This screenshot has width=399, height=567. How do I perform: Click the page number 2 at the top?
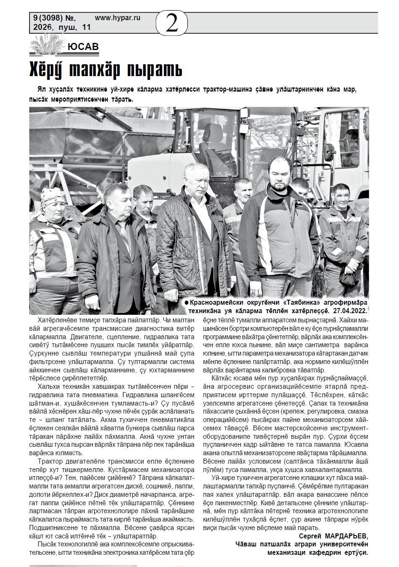pos(172,24)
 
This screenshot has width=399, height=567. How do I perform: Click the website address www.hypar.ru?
pos(118,18)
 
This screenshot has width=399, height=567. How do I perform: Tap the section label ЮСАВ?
pos(83,47)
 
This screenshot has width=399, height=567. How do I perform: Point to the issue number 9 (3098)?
pos(47,18)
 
